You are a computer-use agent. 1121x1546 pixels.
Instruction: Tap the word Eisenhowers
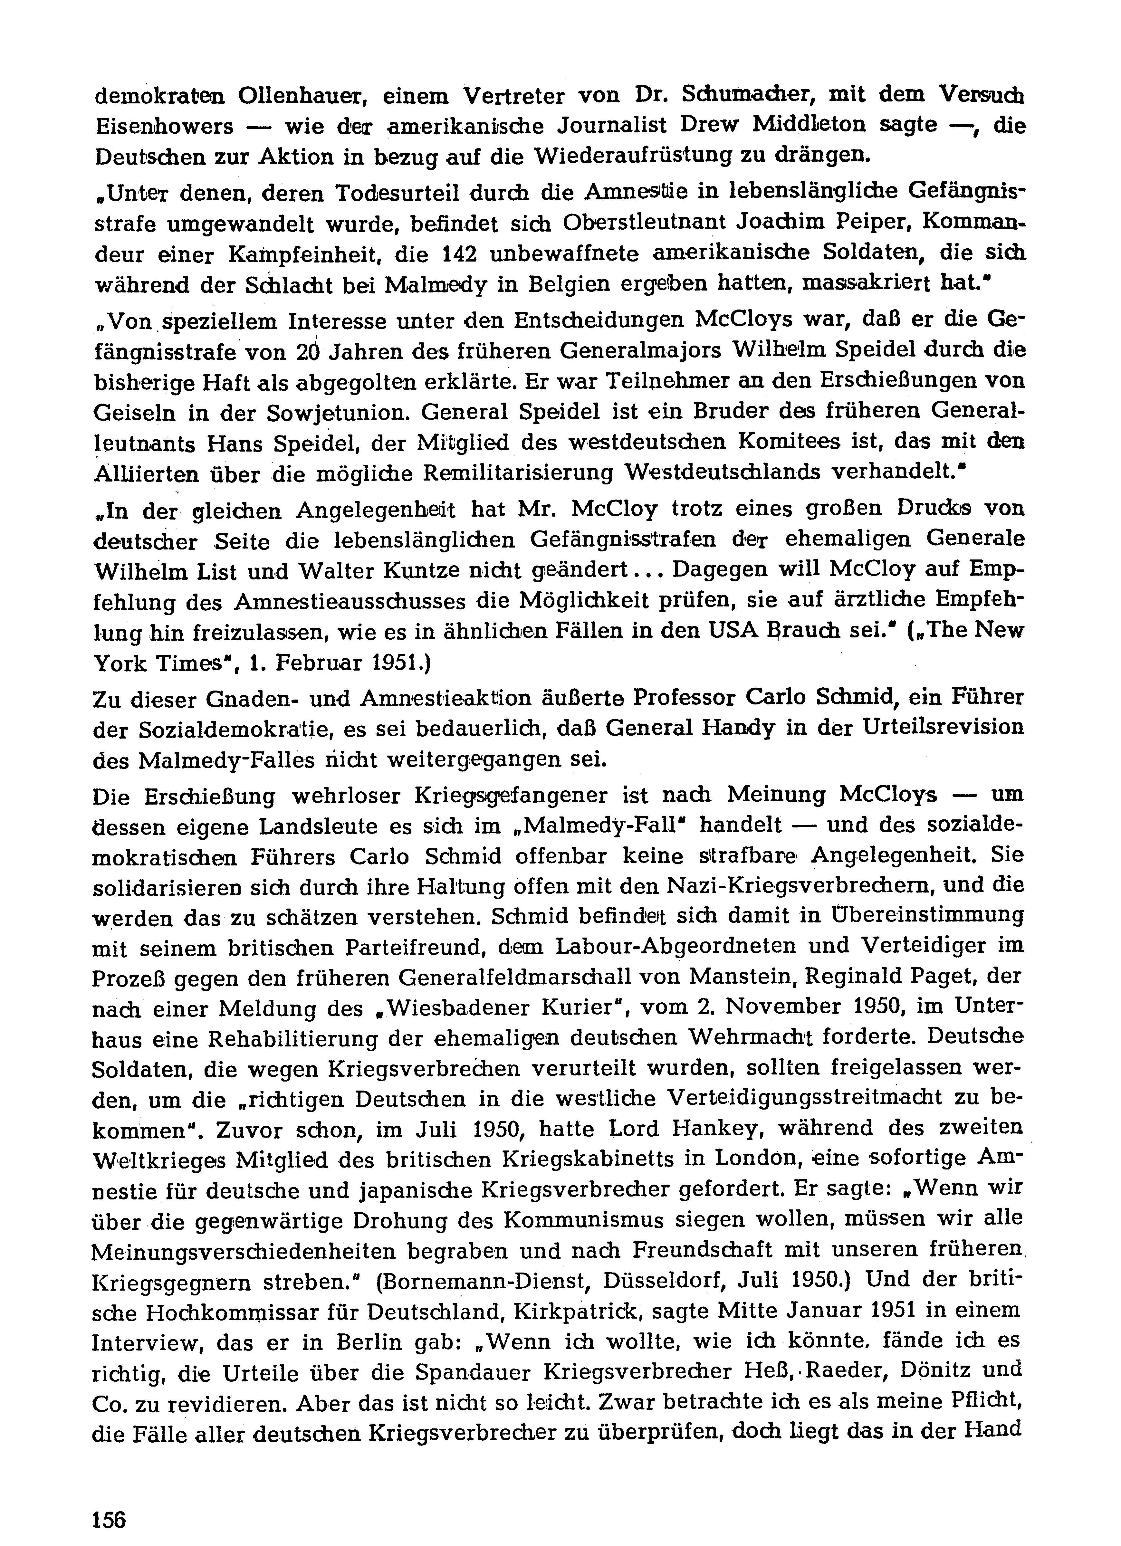point(164,127)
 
